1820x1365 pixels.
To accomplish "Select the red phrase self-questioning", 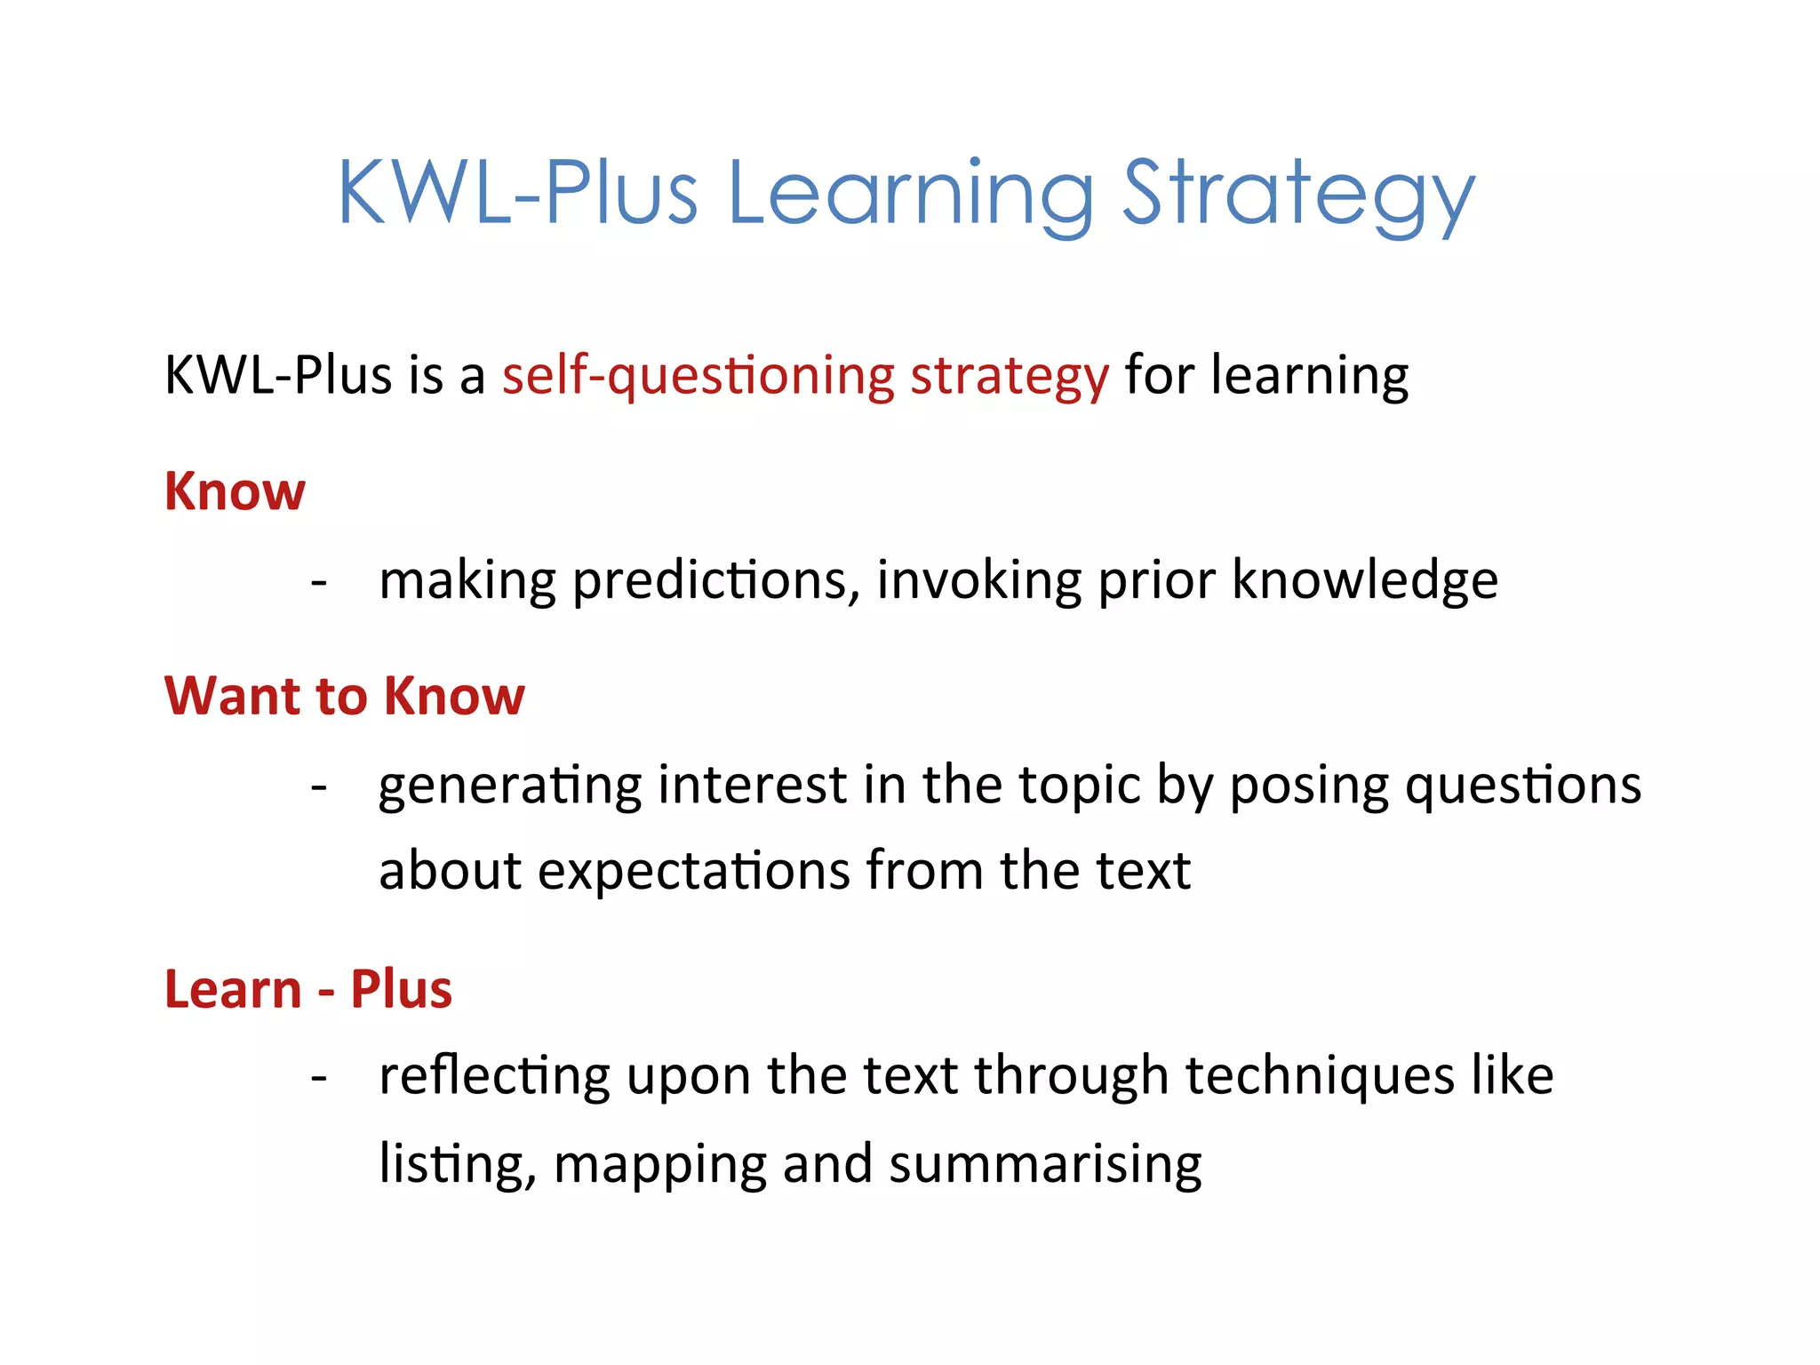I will (698, 376).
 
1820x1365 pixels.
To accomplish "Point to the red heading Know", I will (235, 491).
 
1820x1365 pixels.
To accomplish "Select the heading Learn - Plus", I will (308, 989).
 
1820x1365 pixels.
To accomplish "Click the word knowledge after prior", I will (1365, 581).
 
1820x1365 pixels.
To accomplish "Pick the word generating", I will (510, 786).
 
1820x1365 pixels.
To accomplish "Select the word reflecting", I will (494, 1076).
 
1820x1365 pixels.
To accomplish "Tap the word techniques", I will (1321, 1076).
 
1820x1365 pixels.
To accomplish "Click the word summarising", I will (1045, 1164).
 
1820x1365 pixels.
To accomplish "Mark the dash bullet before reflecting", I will (319, 1077).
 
